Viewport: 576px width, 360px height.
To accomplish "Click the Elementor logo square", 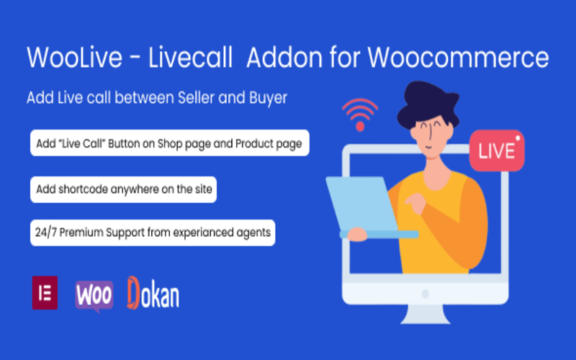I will point(45,292).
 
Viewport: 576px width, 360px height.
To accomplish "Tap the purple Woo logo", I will point(94,295).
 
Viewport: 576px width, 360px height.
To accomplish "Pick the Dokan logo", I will point(153,294).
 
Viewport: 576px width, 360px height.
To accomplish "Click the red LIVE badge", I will point(496,150).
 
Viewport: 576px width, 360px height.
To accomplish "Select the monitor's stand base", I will point(426,316).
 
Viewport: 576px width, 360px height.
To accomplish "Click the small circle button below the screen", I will point(425,293).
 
